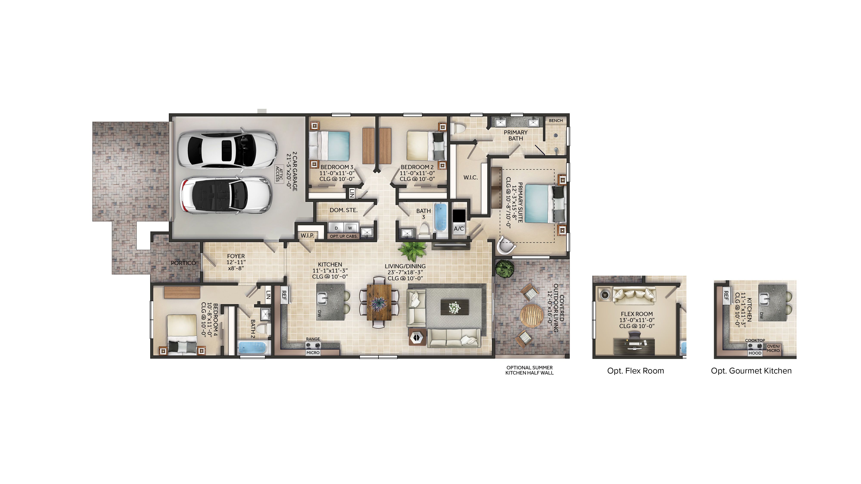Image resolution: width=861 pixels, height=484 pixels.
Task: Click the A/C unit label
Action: tap(458, 229)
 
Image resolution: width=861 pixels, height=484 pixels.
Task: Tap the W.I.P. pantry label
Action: tap(307, 236)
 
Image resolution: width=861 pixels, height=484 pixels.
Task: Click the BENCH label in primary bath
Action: tap(556, 121)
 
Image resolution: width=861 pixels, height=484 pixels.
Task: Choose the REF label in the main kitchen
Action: tap(284, 295)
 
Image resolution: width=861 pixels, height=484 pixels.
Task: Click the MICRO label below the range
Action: tap(313, 353)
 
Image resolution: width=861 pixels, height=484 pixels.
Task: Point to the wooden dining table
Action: tap(379, 302)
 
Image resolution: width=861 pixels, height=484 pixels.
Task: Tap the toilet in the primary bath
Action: tap(458, 128)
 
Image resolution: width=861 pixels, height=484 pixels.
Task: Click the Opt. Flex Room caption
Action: tap(635, 371)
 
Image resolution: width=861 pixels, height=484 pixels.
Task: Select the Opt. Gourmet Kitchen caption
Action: tap(751, 371)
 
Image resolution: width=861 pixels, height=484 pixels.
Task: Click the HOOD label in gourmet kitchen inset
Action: tap(755, 353)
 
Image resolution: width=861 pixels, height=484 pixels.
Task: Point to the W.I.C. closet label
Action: tap(470, 178)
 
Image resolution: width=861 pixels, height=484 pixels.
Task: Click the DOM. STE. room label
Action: tap(343, 210)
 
